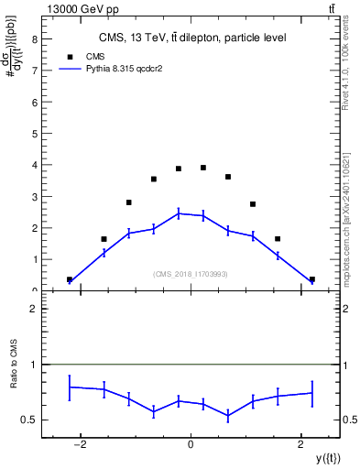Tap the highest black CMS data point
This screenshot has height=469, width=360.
pyautogui.click(x=203, y=168)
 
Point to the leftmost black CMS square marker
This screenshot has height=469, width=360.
pyautogui.click(x=70, y=279)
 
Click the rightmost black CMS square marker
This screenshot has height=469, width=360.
pyautogui.click(x=311, y=279)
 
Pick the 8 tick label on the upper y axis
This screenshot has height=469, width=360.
pyautogui.click(x=33, y=39)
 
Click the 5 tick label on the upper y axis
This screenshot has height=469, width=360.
pyautogui.click(x=33, y=134)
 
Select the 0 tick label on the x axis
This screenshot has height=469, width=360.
pyautogui.click(x=191, y=445)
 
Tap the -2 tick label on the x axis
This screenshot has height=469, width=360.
pyautogui.click(x=81, y=445)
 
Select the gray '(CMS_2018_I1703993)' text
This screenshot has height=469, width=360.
pyautogui.click(x=191, y=274)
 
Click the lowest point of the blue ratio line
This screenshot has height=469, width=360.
pyautogui.click(x=228, y=416)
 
